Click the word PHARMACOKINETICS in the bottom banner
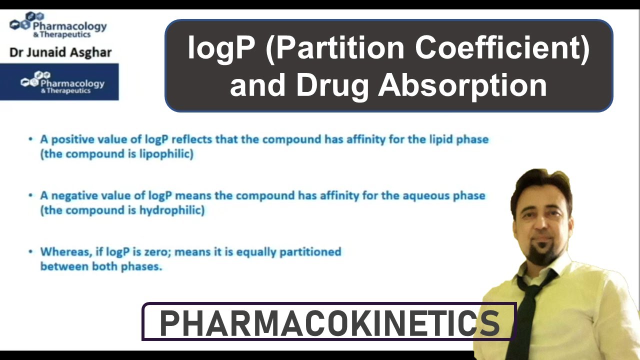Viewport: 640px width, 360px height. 329,323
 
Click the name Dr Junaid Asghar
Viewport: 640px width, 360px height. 60,52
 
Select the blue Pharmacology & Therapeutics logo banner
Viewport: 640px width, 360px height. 59,81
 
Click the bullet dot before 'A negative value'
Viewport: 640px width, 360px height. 31,195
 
